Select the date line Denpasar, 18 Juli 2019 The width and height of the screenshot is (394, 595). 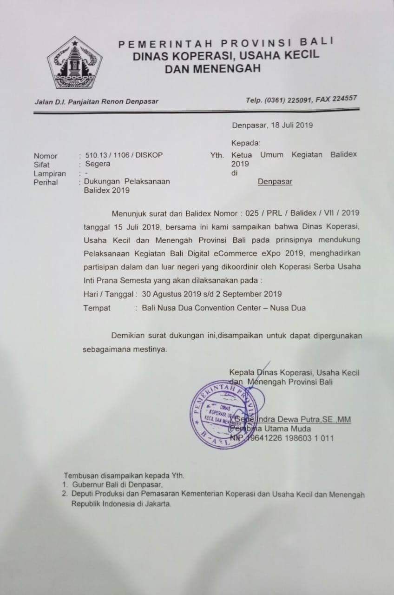(272, 125)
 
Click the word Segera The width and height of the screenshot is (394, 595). (95, 164)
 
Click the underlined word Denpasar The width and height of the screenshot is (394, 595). (275, 182)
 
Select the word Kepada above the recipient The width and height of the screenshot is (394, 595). (245, 143)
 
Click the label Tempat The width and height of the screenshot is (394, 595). (97, 308)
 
